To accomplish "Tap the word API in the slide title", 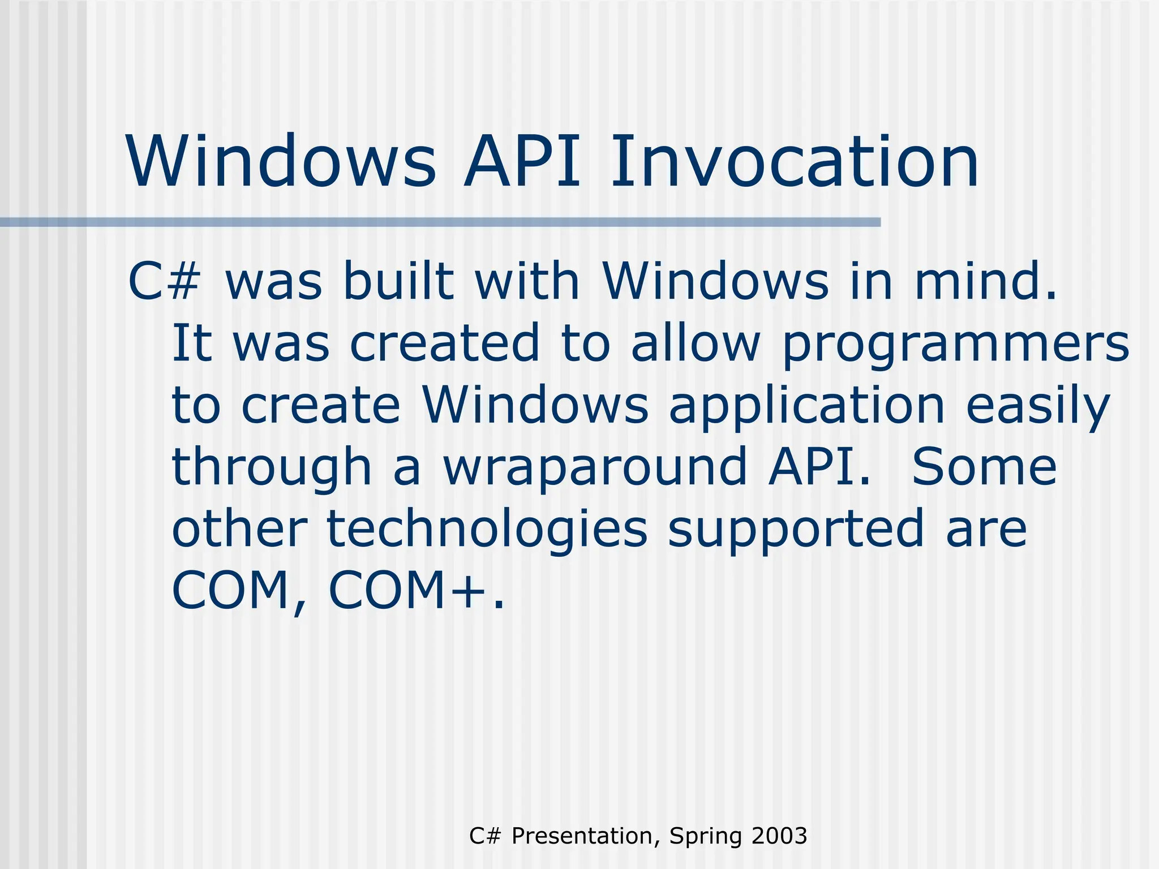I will click(522, 162).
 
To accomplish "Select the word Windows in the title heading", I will click(282, 162).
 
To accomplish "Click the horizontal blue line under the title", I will click(440, 222).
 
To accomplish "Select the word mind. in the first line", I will click(985, 282).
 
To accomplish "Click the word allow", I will click(696, 343).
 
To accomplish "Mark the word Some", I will click(984, 467).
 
